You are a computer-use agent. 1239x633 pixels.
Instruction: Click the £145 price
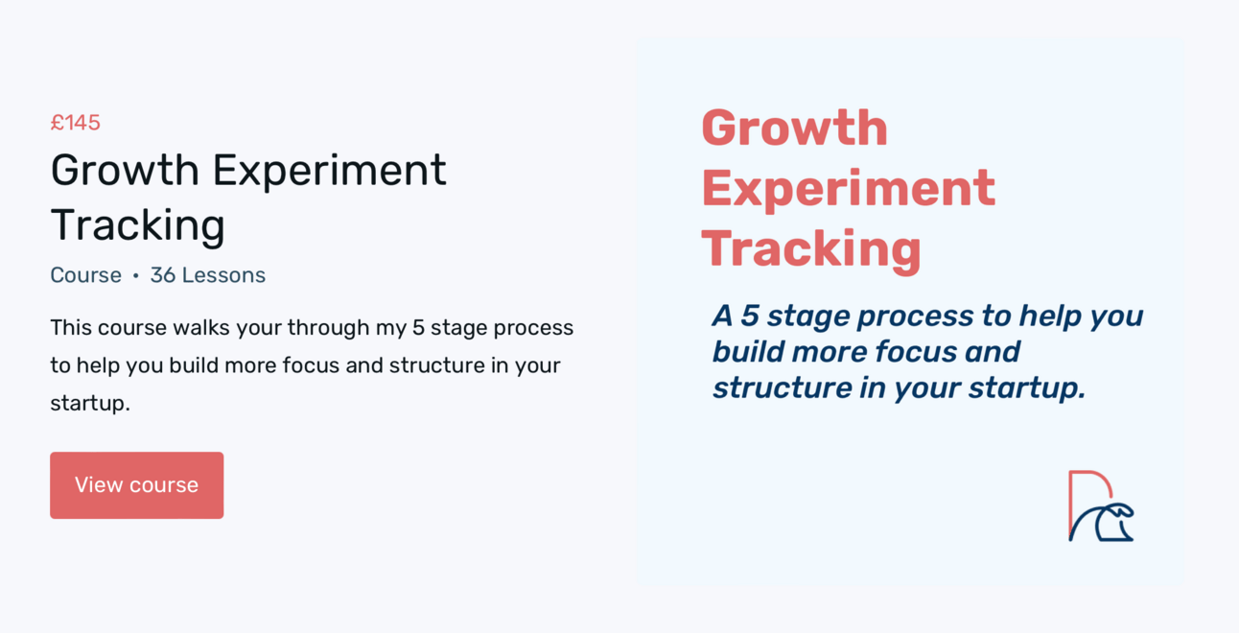pos(75,123)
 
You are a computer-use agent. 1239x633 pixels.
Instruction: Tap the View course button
pos(136,484)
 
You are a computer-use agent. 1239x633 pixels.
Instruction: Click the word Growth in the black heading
pos(125,170)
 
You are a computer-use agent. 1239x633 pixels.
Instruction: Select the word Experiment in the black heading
pos(330,171)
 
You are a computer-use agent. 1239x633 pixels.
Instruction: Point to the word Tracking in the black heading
pos(138,225)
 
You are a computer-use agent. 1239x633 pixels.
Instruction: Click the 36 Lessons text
pos(208,275)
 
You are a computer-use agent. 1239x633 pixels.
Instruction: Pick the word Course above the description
pos(85,275)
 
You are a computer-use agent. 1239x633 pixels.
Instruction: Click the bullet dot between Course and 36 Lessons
pos(135,275)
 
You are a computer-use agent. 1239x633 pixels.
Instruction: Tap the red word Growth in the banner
pos(794,128)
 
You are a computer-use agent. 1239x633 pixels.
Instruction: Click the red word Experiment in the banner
pos(849,189)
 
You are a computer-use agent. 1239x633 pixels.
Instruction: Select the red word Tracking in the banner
pos(811,250)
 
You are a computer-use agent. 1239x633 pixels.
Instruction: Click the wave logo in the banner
pos(1101,505)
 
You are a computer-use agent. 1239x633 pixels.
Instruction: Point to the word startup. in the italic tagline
pos(1027,387)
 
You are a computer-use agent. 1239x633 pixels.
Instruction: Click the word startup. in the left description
pos(90,404)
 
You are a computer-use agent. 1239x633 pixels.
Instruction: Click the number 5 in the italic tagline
pos(750,316)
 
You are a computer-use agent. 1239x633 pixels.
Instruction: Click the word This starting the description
pos(71,328)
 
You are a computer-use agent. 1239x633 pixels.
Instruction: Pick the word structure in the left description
pos(437,365)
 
